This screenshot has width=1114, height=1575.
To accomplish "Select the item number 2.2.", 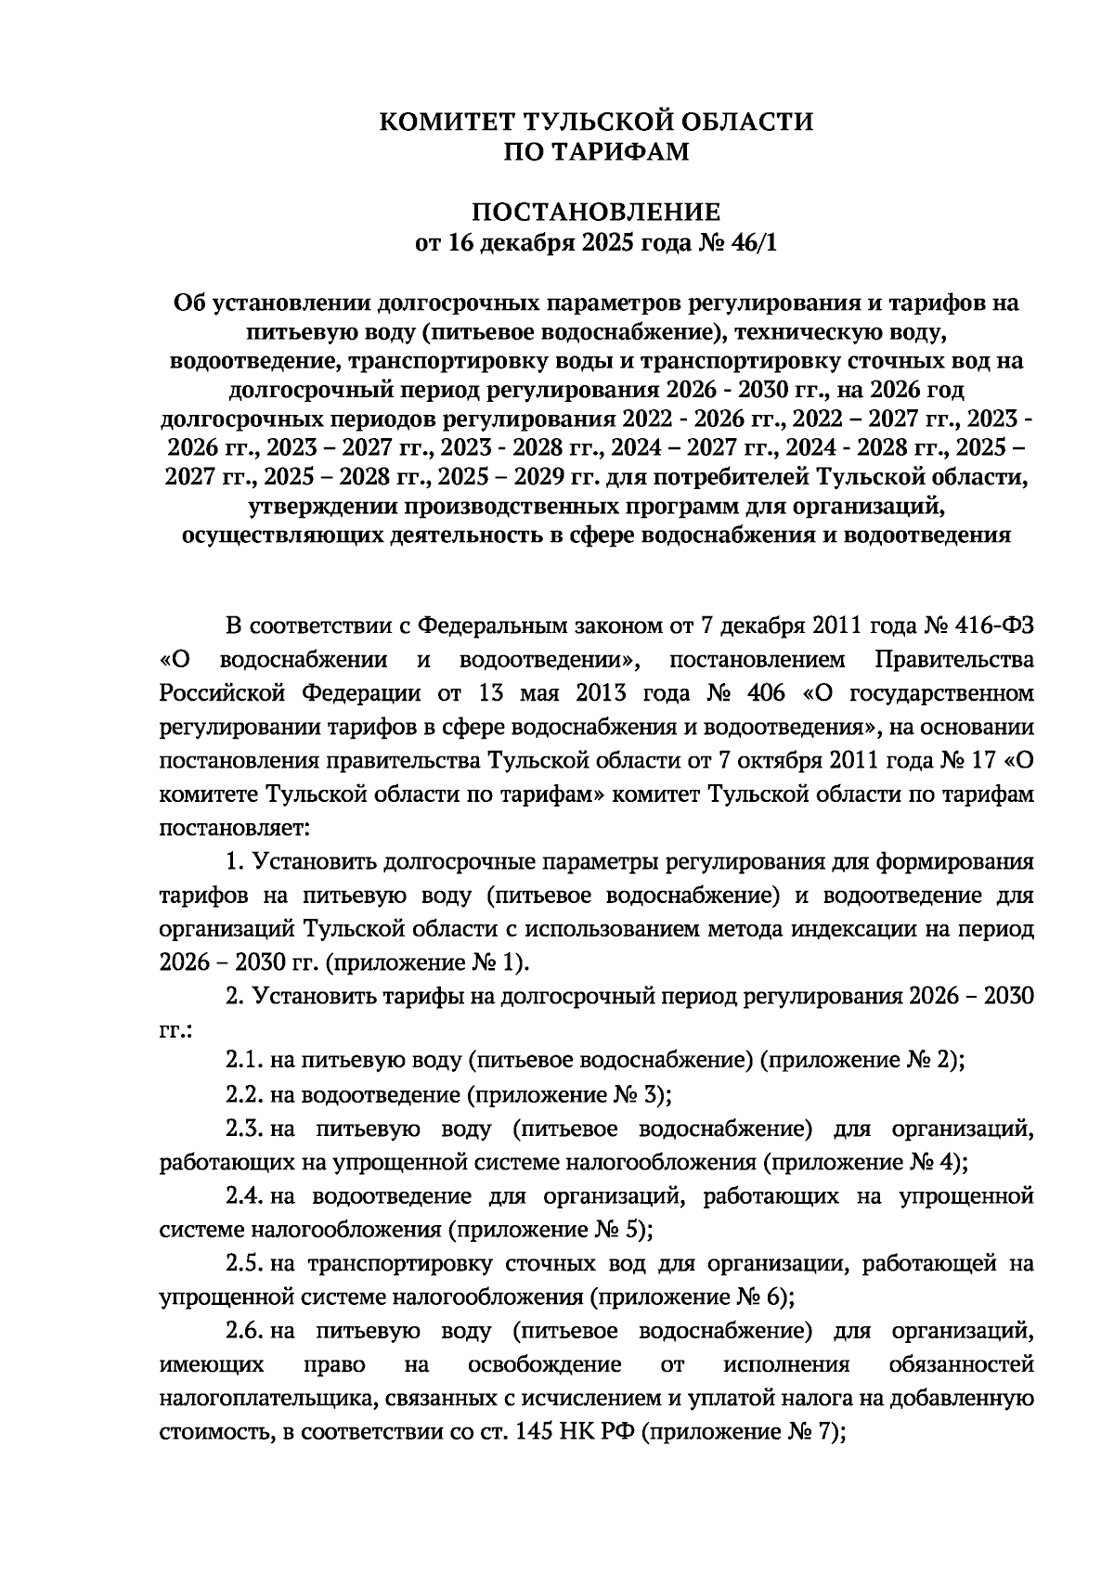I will (244, 1094).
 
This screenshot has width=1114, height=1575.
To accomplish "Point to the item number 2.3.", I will (244, 1129).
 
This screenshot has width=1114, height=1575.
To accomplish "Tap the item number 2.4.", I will (244, 1196).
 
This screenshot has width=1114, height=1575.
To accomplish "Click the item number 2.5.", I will (244, 1264).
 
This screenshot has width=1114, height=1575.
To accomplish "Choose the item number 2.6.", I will (244, 1332).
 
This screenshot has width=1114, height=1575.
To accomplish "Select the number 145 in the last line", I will (532, 1433).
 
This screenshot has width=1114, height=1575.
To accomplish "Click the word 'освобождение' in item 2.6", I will (545, 1365).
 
